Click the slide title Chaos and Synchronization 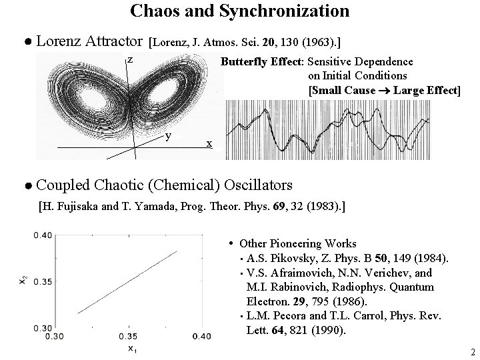(x=239, y=11)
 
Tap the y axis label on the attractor (x=169, y=135)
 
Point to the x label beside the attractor (x=209, y=143)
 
